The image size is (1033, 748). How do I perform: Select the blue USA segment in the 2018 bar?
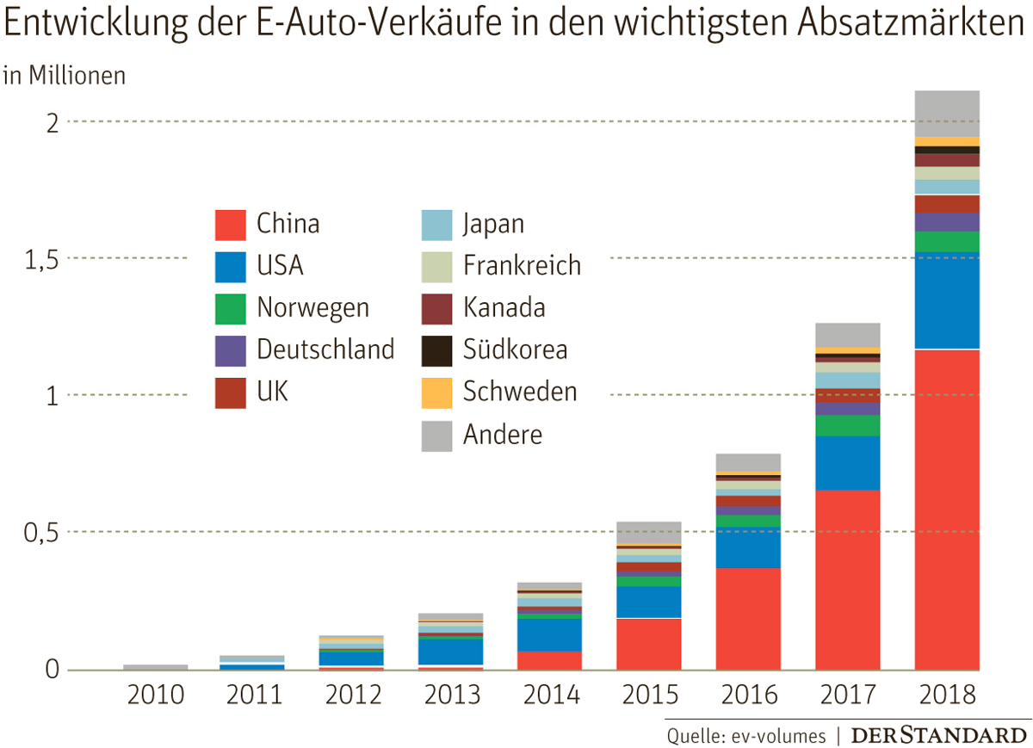click(947, 300)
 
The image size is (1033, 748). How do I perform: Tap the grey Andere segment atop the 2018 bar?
click(947, 113)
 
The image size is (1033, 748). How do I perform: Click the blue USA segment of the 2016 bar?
click(748, 547)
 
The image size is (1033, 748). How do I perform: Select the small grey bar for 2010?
click(155, 667)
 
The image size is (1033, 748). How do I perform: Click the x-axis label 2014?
click(552, 695)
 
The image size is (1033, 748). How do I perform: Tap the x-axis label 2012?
click(354, 695)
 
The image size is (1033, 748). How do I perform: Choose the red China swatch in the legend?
click(230, 225)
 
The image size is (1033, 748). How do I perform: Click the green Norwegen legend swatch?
click(230, 309)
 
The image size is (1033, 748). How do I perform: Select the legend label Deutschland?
click(325, 349)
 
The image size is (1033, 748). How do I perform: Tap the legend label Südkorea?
click(515, 349)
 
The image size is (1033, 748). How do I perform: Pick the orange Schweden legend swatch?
click(436, 393)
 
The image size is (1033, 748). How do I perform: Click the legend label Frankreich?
click(522, 265)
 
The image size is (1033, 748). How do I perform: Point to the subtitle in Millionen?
click(65, 76)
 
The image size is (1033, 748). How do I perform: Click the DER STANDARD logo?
click(939, 736)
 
